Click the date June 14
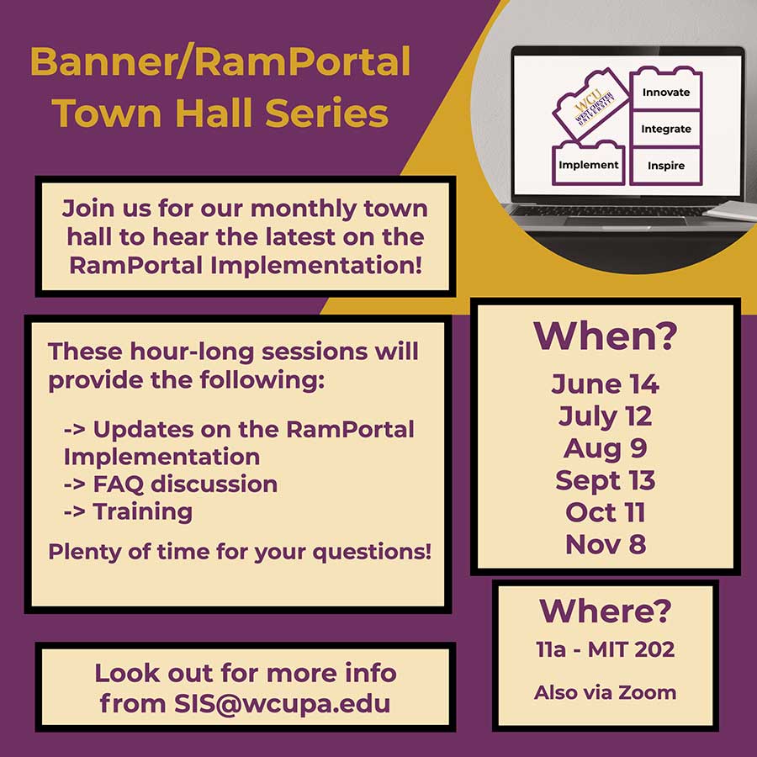click(x=605, y=384)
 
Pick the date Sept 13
click(x=605, y=481)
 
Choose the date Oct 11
click(x=605, y=512)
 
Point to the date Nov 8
click(x=605, y=544)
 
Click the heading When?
click(x=605, y=336)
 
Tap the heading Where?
click(x=605, y=611)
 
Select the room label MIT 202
click(x=631, y=650)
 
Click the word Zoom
click(x=648, y=693)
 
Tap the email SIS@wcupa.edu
click(x=282, y=704)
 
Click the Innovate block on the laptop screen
click(x=666, y=89)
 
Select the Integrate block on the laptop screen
click(x=666, y=129)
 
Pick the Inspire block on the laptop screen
click(x=666, y=166)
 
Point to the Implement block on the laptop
click(x=589, y=164)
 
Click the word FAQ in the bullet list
click(x=119, y=484)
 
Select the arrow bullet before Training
click(x=74, y=511)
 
